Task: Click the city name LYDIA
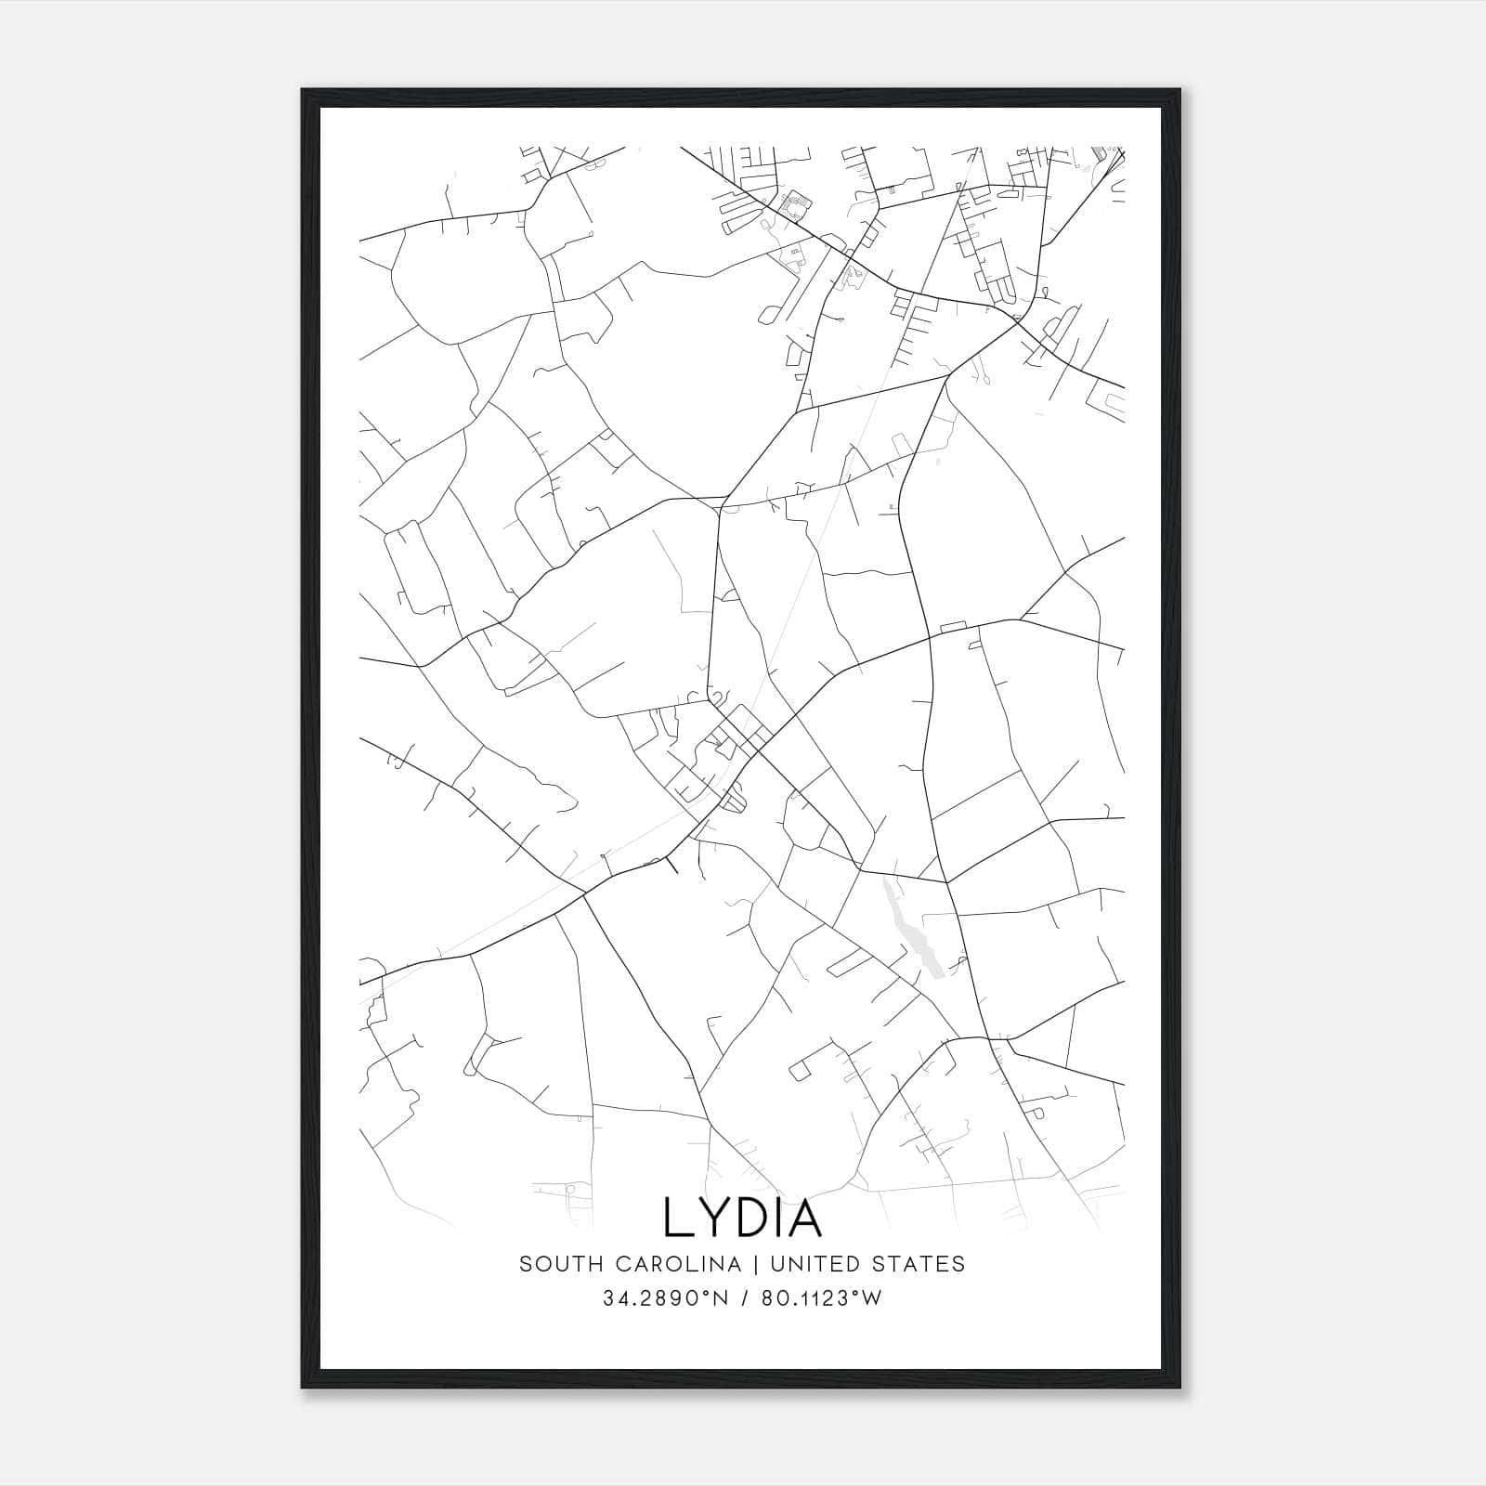coord(742,1218)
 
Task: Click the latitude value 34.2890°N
coord(666,1298)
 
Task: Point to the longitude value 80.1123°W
coord(821,1298)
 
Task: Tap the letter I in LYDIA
coord(777,1218)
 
